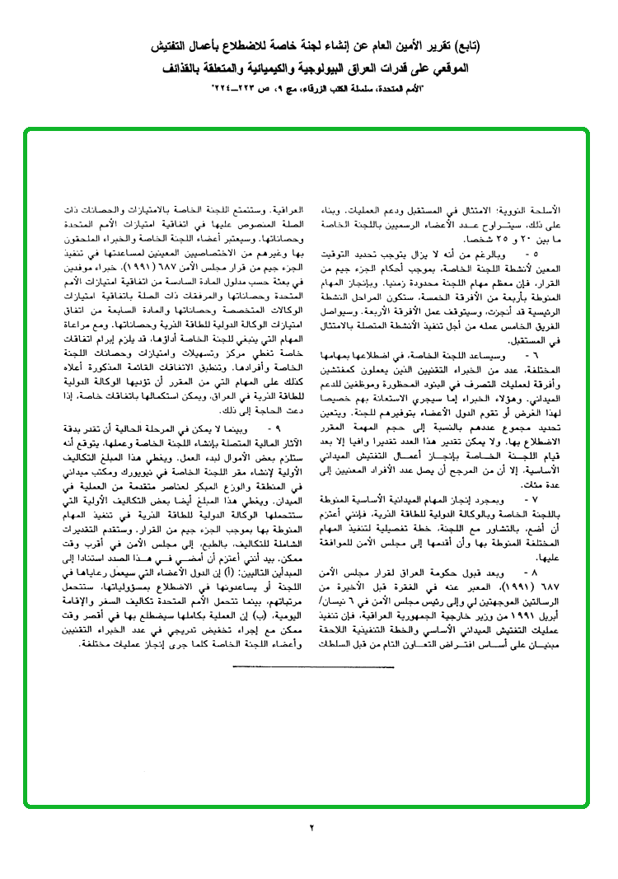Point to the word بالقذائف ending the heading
(x=166, y=68)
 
